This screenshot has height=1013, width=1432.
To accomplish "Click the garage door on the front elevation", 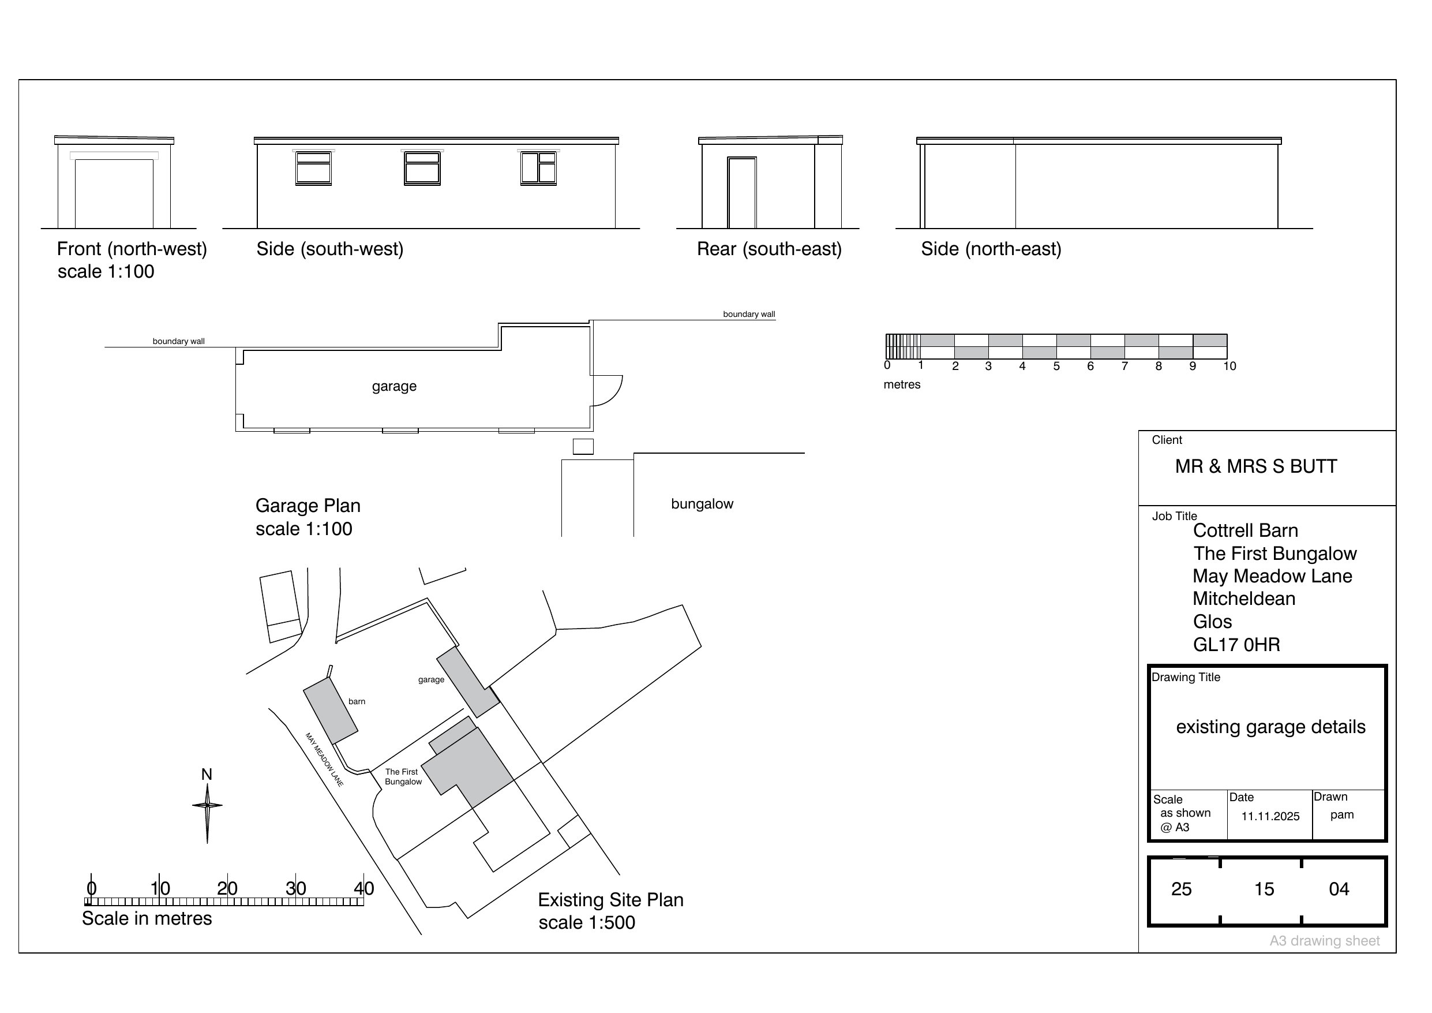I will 114,193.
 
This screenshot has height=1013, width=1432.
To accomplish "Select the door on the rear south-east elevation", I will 741,193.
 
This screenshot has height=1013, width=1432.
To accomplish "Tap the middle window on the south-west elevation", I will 422,168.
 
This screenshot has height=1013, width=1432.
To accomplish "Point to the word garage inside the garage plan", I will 394,386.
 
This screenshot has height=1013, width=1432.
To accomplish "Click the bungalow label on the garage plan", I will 702,504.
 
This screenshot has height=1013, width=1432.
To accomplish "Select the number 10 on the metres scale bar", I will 1229,367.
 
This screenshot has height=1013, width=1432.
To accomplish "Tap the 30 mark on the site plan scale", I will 295,888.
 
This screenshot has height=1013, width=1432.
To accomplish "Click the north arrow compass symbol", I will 207,806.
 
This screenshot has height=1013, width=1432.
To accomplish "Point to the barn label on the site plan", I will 357,701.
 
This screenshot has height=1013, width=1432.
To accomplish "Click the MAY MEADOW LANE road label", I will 324,760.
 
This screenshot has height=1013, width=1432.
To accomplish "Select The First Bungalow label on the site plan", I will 402,777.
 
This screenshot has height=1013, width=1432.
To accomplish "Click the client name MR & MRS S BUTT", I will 1255,467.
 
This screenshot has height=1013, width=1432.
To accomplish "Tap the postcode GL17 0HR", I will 1236,645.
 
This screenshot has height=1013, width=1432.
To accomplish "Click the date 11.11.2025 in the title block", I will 1270,816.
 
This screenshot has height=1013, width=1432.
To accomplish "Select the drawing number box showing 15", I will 1264,889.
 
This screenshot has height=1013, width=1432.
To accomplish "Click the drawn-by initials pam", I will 1341,814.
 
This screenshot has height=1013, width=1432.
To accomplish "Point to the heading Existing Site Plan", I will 610,900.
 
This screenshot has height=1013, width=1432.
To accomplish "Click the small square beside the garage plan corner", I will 583,446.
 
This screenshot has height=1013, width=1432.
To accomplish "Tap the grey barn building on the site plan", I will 331,711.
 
